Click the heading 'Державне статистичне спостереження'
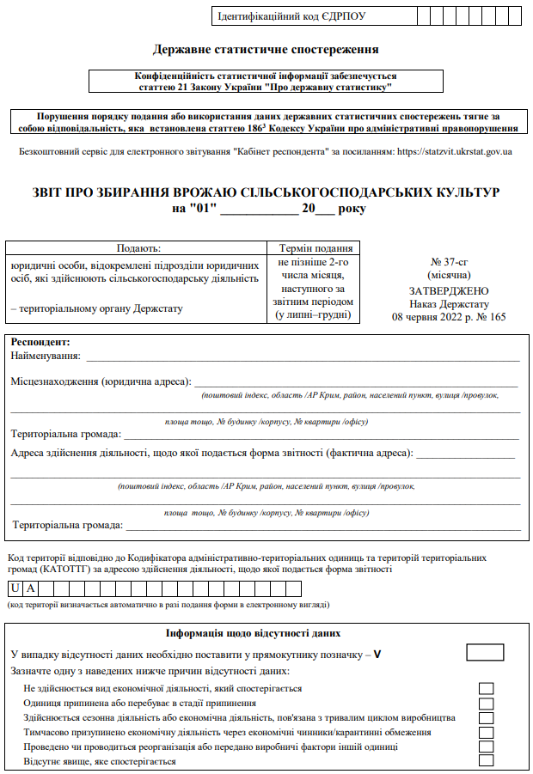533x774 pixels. click(266, 50)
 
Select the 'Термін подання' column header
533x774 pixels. click(315, 247)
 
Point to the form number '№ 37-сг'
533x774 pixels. click(449, 262)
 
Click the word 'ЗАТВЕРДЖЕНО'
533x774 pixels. click(449, 291)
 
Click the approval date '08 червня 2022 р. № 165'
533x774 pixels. click(449, 316)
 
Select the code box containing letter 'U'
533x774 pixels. click(15, 588)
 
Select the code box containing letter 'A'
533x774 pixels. click(30, 588)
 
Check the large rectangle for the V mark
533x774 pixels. click(485, 653)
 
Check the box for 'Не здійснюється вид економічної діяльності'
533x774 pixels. click(487, 688)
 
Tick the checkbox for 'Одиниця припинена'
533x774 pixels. click(487, 703)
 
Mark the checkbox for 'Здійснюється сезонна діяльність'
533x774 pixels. click(487, 717)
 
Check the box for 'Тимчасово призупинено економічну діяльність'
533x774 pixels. click(487, 732)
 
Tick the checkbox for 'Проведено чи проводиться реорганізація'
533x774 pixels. click(487, 747)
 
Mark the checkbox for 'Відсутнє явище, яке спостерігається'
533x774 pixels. click(487, 760)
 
